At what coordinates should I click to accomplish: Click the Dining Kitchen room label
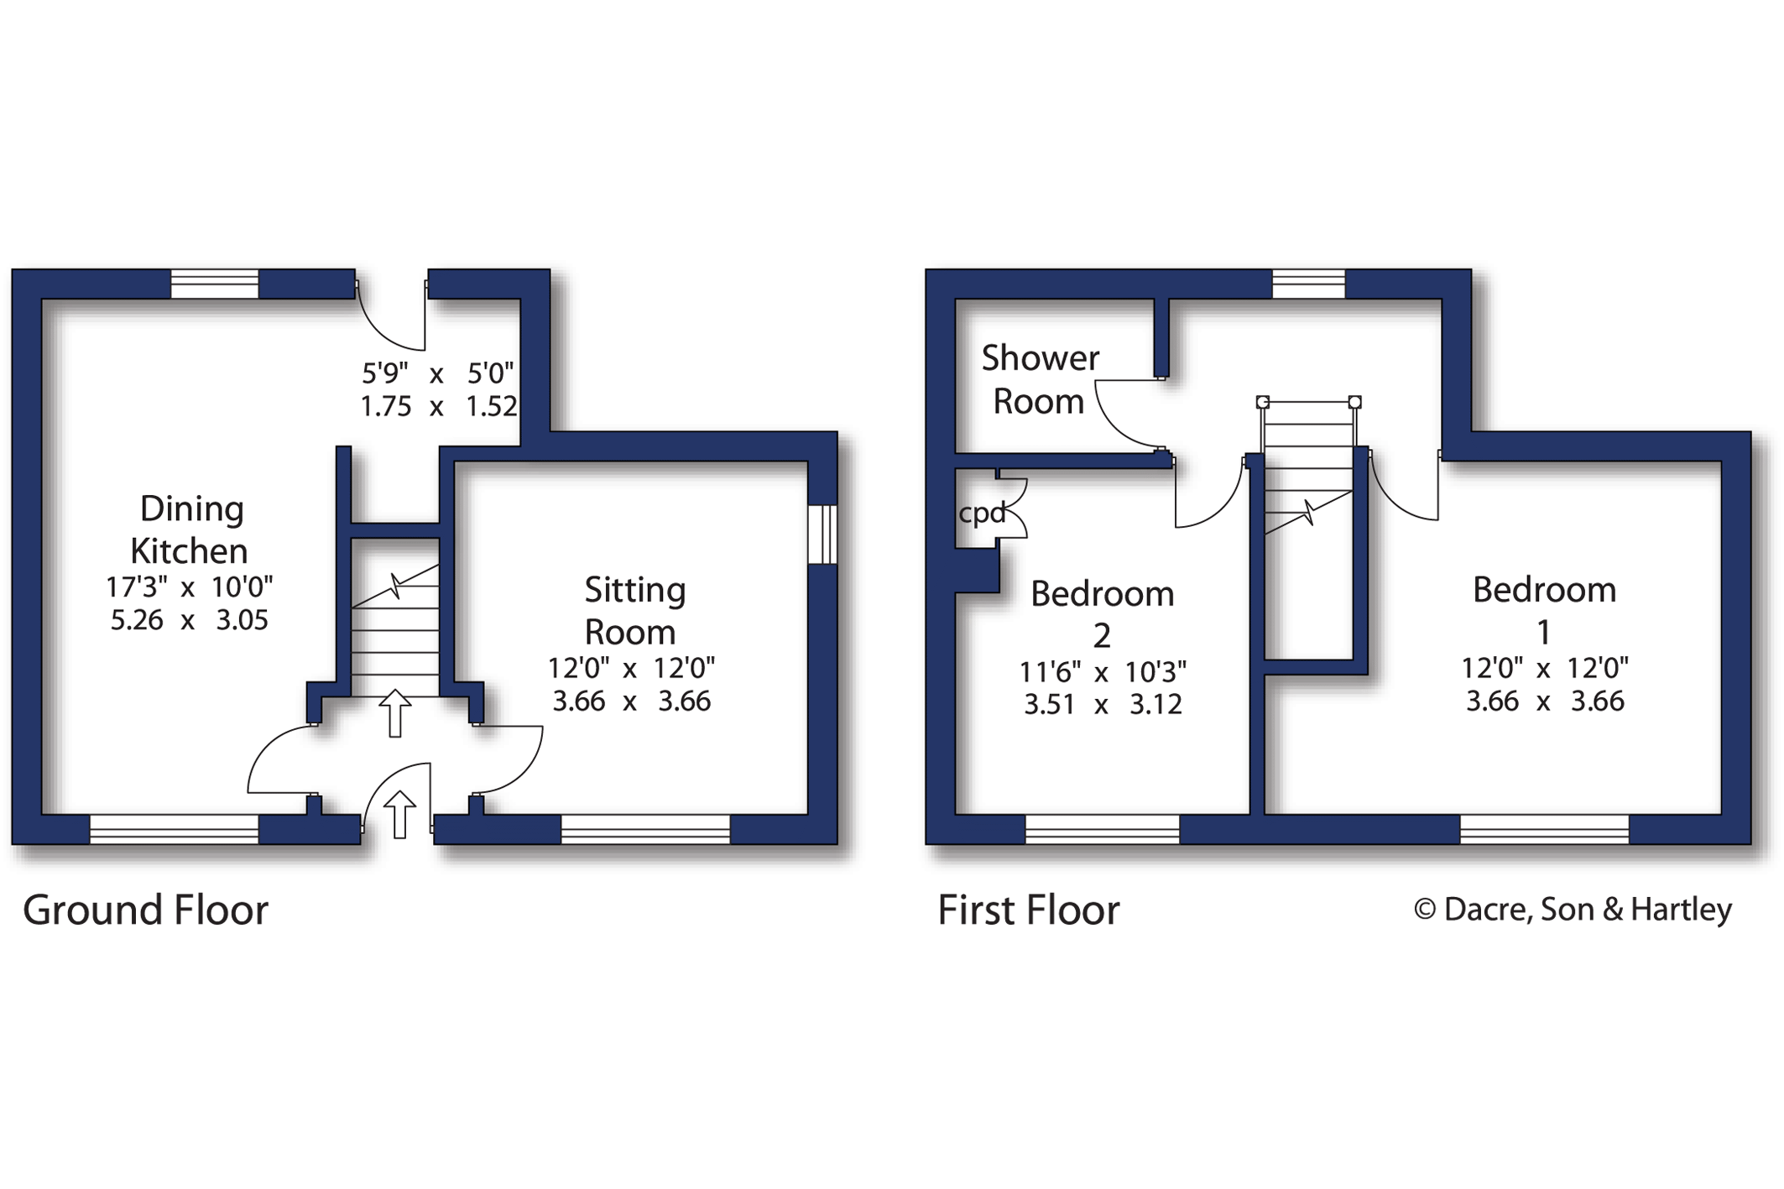(190, 529)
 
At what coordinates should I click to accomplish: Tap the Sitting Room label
(634, 610)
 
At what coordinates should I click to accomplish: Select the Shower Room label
(1039, 380)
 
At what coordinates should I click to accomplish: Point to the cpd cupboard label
(981, 512)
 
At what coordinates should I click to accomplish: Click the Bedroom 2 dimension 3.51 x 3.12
(1102, 705)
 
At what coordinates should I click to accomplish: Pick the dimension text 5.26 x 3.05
(189, 620)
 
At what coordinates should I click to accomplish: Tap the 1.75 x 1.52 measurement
(438, 406)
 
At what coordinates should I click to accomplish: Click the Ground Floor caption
(145, 910)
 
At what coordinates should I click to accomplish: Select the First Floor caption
(1028, 910)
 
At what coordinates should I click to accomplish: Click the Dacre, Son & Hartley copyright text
(1573, 909)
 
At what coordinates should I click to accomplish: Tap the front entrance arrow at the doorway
(399, 814)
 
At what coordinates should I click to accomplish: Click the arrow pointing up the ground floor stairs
(394, 712)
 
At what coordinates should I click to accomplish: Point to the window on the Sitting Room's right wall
(822, 534)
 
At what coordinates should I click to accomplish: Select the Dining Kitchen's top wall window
(215, 284)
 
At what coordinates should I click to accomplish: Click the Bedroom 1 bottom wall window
(1544, 829)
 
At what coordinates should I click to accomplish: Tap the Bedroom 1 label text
(1544, 610)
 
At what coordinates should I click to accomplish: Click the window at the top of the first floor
(1308, 284)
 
